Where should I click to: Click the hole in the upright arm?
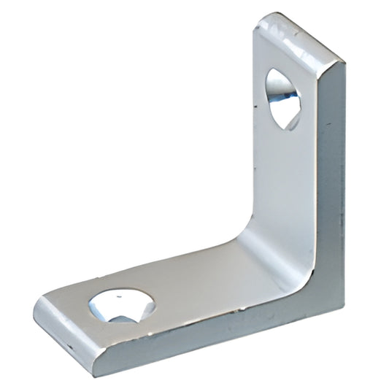click(283, 98)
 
